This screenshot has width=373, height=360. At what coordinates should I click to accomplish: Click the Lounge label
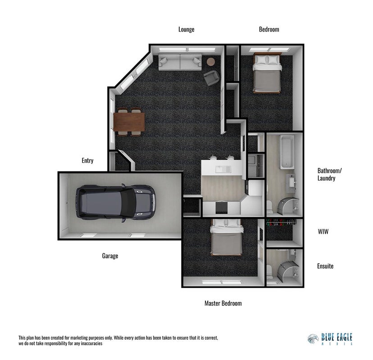pyautogui.click(x=186, y=29)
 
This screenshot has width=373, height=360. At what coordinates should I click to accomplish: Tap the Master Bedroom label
pyautogui.click(x=223, y=303)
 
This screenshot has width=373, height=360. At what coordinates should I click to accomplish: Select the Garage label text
pyautogui.click(x=110, y=256)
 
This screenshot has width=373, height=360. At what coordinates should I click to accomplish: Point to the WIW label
pyautogui.click(x=323, y=231)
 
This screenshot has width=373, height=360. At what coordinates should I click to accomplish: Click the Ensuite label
pyautogui.click(x=325, y=266)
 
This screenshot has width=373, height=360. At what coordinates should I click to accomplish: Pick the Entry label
pyautogui.click(x=87, y=161)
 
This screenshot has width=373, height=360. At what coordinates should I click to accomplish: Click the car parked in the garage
pyautogui.click(x=116, y=202)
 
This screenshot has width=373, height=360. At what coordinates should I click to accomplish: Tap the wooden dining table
pyautogui.click(x=129, y=121)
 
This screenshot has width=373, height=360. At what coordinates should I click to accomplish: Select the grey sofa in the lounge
pyautogui.click(x=180, y=62)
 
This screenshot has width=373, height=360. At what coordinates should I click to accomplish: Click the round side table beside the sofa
pyautogui.click(x=211, y=62)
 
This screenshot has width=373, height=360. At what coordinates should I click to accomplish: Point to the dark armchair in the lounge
pyautogui.click(x=211, y=78)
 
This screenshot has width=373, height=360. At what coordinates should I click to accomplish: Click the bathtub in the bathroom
pyautogui.click(x=287, y=152)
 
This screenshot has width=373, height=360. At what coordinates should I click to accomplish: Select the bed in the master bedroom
pyautogui.click(x=227, y=237)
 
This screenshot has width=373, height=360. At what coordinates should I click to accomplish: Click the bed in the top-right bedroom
pyautogui.click(x=267, y=73)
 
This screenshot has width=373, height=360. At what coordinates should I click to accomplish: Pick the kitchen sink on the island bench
pyautogui.click(x=223, y=169)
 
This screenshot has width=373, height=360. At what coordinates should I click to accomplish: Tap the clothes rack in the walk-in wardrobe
pyautogui.click(x=282, y=222)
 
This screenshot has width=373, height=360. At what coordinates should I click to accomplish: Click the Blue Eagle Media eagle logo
pyautogui.click(x=313, y=339)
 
